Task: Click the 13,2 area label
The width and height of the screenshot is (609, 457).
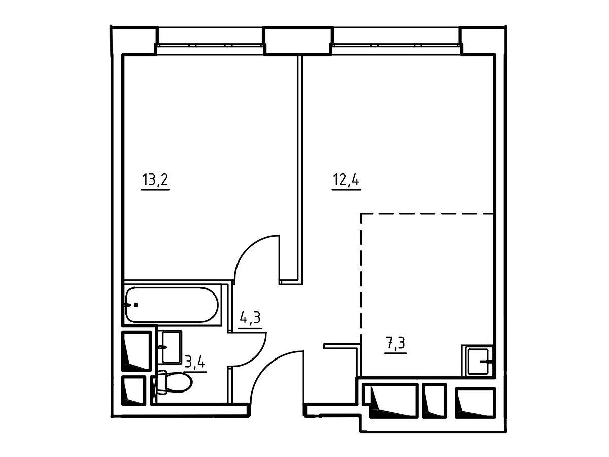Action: coord(155,180)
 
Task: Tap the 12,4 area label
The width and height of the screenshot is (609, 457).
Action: coord(346,180)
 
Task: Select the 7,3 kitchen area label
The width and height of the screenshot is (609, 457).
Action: coord(395,343)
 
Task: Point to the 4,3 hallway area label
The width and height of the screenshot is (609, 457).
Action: coord(250,318)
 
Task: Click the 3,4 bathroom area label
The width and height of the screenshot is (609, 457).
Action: coord(195,362)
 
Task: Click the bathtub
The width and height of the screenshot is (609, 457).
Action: coord(172,305)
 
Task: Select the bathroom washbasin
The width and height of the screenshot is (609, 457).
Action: coord(172,347)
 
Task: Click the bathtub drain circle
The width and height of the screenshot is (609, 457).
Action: coord(136,305)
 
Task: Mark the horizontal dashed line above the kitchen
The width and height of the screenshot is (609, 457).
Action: coord(427,214)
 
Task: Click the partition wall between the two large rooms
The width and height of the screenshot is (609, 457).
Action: coord(299,169)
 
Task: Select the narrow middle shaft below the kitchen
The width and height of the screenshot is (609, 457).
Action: coord(434,401)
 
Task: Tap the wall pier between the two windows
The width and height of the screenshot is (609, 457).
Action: coord(298,41)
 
